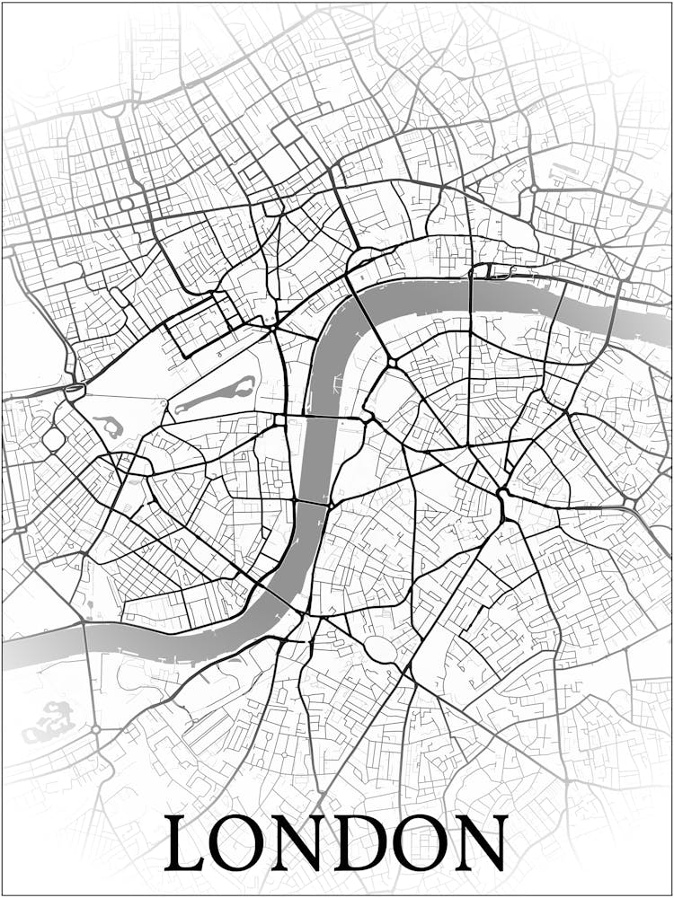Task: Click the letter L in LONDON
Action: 185,844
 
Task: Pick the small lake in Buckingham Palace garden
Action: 109,426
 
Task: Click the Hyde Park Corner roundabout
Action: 74,391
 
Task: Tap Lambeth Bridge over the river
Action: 311,502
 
